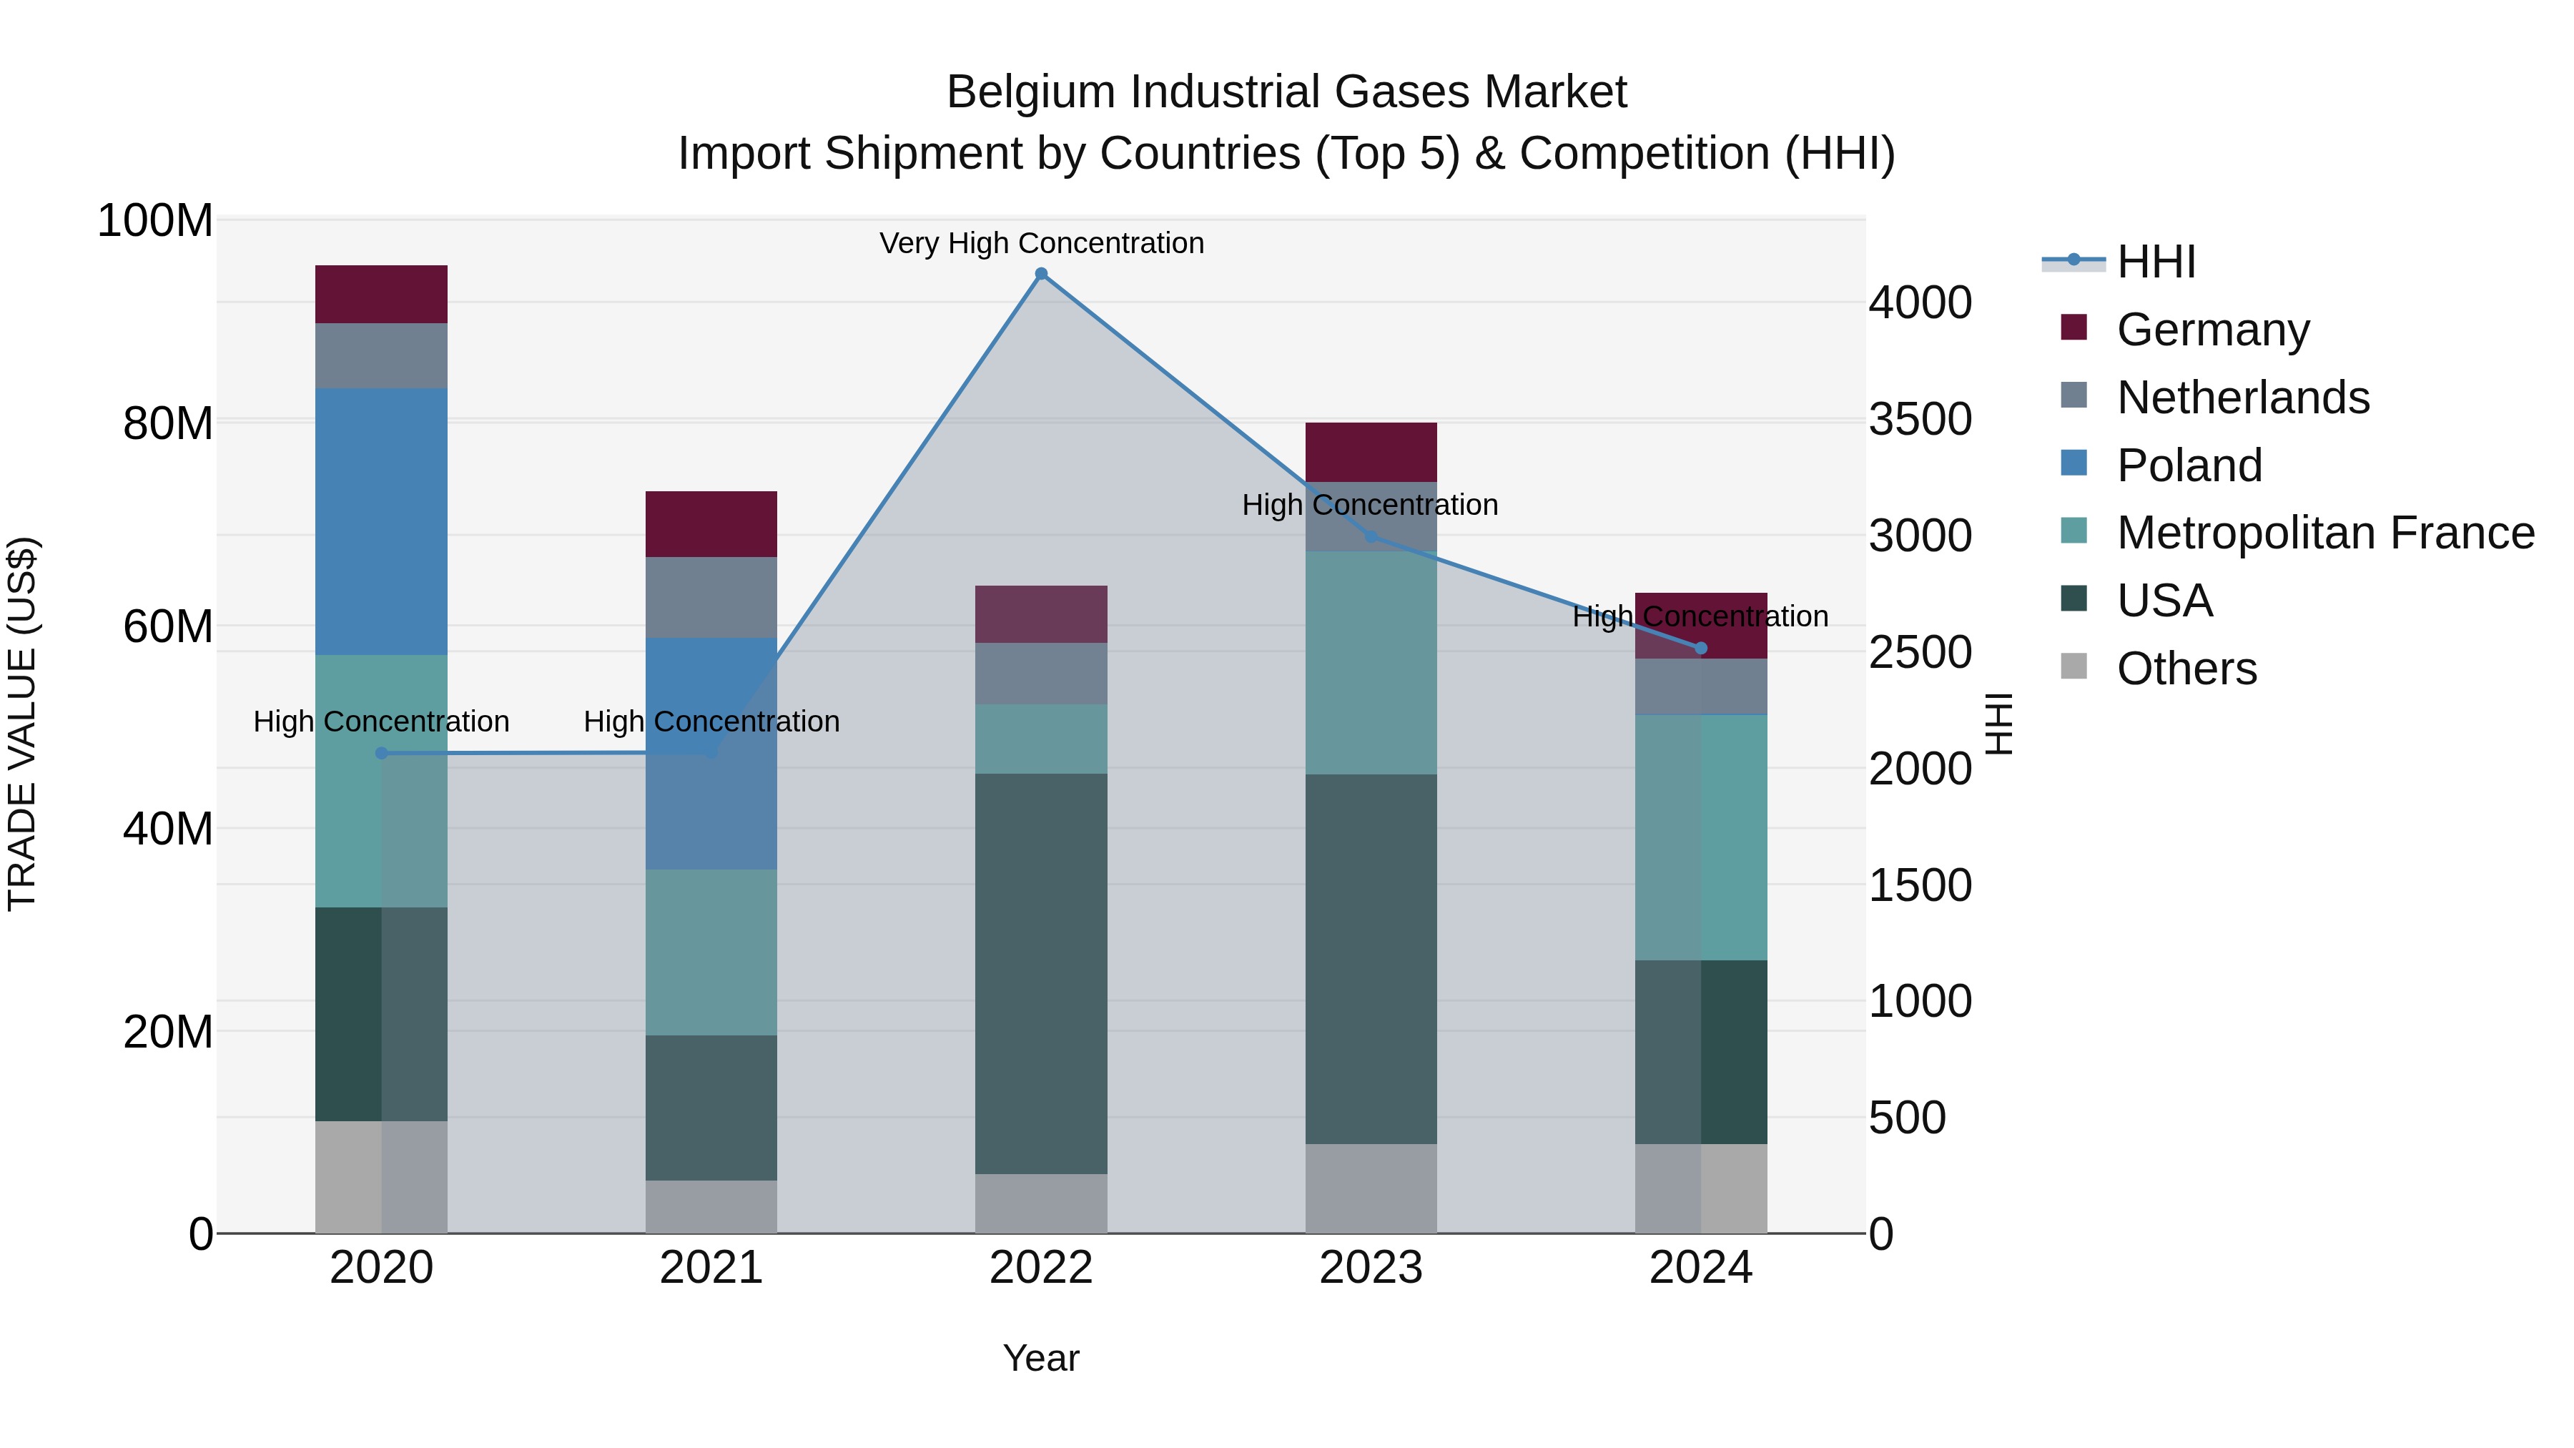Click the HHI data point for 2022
(x=1041, y=274)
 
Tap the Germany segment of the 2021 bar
(x=711, y=523)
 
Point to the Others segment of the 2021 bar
(x=711, y=1206)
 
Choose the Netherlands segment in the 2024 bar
(x=1701, y=686)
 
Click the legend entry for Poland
(x=2189, y=466)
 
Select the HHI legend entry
(x=2155, y=262)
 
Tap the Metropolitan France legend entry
(x=2324, y=533)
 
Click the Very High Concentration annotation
(x=1041, y=243)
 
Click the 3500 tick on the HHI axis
(x=1920, y=420)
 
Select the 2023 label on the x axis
(x=1371, y=1268)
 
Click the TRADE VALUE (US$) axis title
(x=22, y=724)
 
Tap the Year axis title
(x=1041, y=1358)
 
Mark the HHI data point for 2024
(x=1701, y=649)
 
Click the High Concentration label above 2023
(x=1370, y=505)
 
